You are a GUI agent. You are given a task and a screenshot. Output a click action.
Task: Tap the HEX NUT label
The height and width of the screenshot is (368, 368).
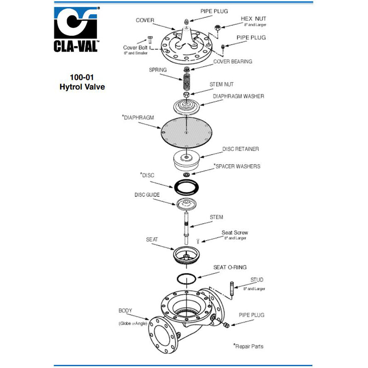point(253,19)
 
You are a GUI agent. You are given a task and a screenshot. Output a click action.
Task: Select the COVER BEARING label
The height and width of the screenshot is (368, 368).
point(232,61)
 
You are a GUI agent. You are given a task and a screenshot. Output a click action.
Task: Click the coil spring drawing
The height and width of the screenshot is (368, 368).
point(187,82)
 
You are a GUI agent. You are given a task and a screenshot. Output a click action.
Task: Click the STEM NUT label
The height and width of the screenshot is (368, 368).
point(222,85)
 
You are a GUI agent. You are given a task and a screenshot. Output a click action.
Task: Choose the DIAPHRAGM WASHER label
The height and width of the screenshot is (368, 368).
point(238,96)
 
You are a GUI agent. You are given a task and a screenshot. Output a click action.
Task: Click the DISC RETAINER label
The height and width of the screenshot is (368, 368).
point(241,149)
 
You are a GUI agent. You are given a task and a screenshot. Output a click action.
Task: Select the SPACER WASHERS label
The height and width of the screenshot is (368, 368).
point(237,166)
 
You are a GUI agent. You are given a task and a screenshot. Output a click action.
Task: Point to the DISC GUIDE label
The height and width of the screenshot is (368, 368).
point(147,195)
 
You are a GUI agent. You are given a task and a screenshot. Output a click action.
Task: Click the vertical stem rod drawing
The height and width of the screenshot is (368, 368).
point(187,228)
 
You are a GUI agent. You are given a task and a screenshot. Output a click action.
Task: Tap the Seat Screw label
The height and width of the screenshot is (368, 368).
point(235,233)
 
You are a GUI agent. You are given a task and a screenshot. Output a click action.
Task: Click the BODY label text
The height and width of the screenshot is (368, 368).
point(125,311)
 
